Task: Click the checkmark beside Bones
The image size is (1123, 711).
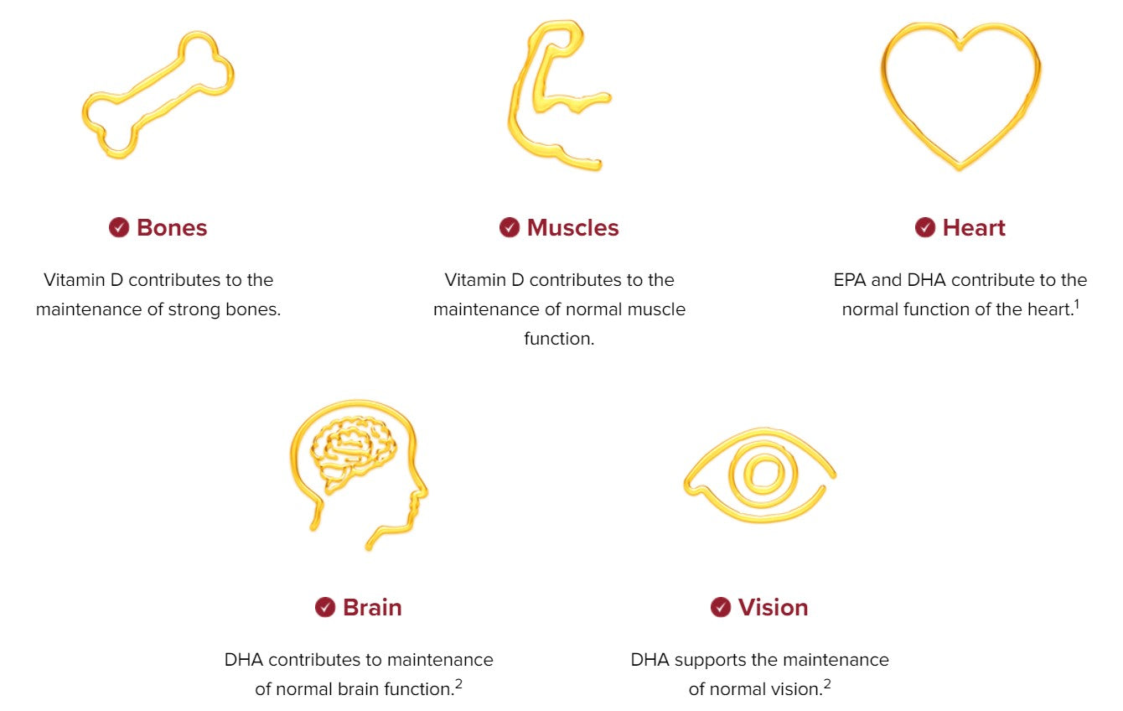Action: (119, 228)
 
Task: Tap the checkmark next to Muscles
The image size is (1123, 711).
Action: (510, 228)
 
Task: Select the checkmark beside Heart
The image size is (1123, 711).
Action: (925, 228)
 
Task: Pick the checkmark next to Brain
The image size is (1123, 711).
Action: (325, 607)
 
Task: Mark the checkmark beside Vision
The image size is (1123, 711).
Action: (721, 607)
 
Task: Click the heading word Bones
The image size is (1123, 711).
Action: (172, 228)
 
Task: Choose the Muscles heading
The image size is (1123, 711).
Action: (573, 228)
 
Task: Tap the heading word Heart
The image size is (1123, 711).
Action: (974, 228)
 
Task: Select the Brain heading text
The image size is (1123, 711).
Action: (372, 608)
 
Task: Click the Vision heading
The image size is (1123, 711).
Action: (773, 608)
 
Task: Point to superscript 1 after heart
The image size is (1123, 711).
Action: (1076, 304)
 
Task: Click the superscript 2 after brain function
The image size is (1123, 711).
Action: (458, 684)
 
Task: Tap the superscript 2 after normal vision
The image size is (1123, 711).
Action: (826, 684)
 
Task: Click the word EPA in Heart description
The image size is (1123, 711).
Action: (850, 280)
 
